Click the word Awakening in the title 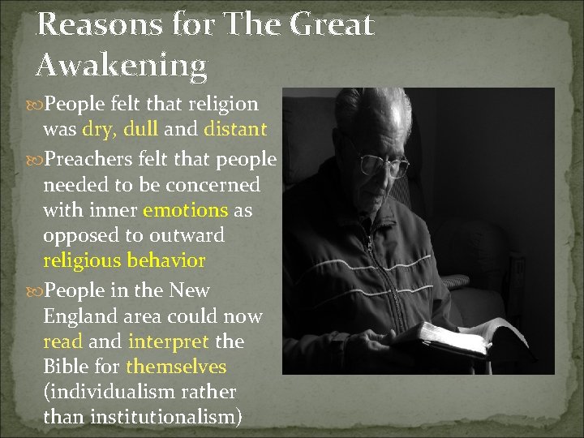click(x=122, y=64)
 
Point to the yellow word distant click(x=235, y=128)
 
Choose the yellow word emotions click(x=186, y=210)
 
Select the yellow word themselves click(x=176, y=367)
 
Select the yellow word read click(x=62, y=341)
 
